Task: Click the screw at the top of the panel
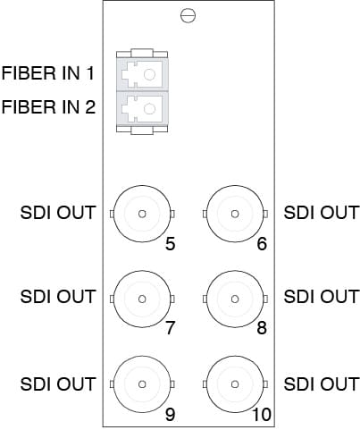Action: (x=188, y=16)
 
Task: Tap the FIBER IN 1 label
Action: (x=48, y=73)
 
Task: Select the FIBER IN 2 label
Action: (x=48, y=107)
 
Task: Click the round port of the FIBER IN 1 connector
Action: (x=149, y=74)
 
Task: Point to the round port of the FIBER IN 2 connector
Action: (x=149, y=109)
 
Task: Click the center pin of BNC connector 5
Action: (x=142, y=214)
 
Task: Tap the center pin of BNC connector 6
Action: (x=235, y=214)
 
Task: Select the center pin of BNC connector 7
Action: (x=142, y=299)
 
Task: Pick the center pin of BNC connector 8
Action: (x=235, y=299)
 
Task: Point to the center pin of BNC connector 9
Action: (x=142, y=384)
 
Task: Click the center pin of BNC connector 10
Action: (x=235, y=384)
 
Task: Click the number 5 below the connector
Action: (x=170, y=244)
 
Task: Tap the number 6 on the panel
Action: (x=262, y=244)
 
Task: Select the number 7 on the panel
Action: (x=170, y=328)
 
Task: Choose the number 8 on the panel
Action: (x=262, y=328)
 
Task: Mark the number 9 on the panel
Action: (x=170, y=415)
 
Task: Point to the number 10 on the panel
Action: (x=262, y=415)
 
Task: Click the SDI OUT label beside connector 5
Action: (x=57, y=213)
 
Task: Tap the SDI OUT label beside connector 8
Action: (x=321, y=297)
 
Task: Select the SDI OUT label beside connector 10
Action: (x=321, y=384)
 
